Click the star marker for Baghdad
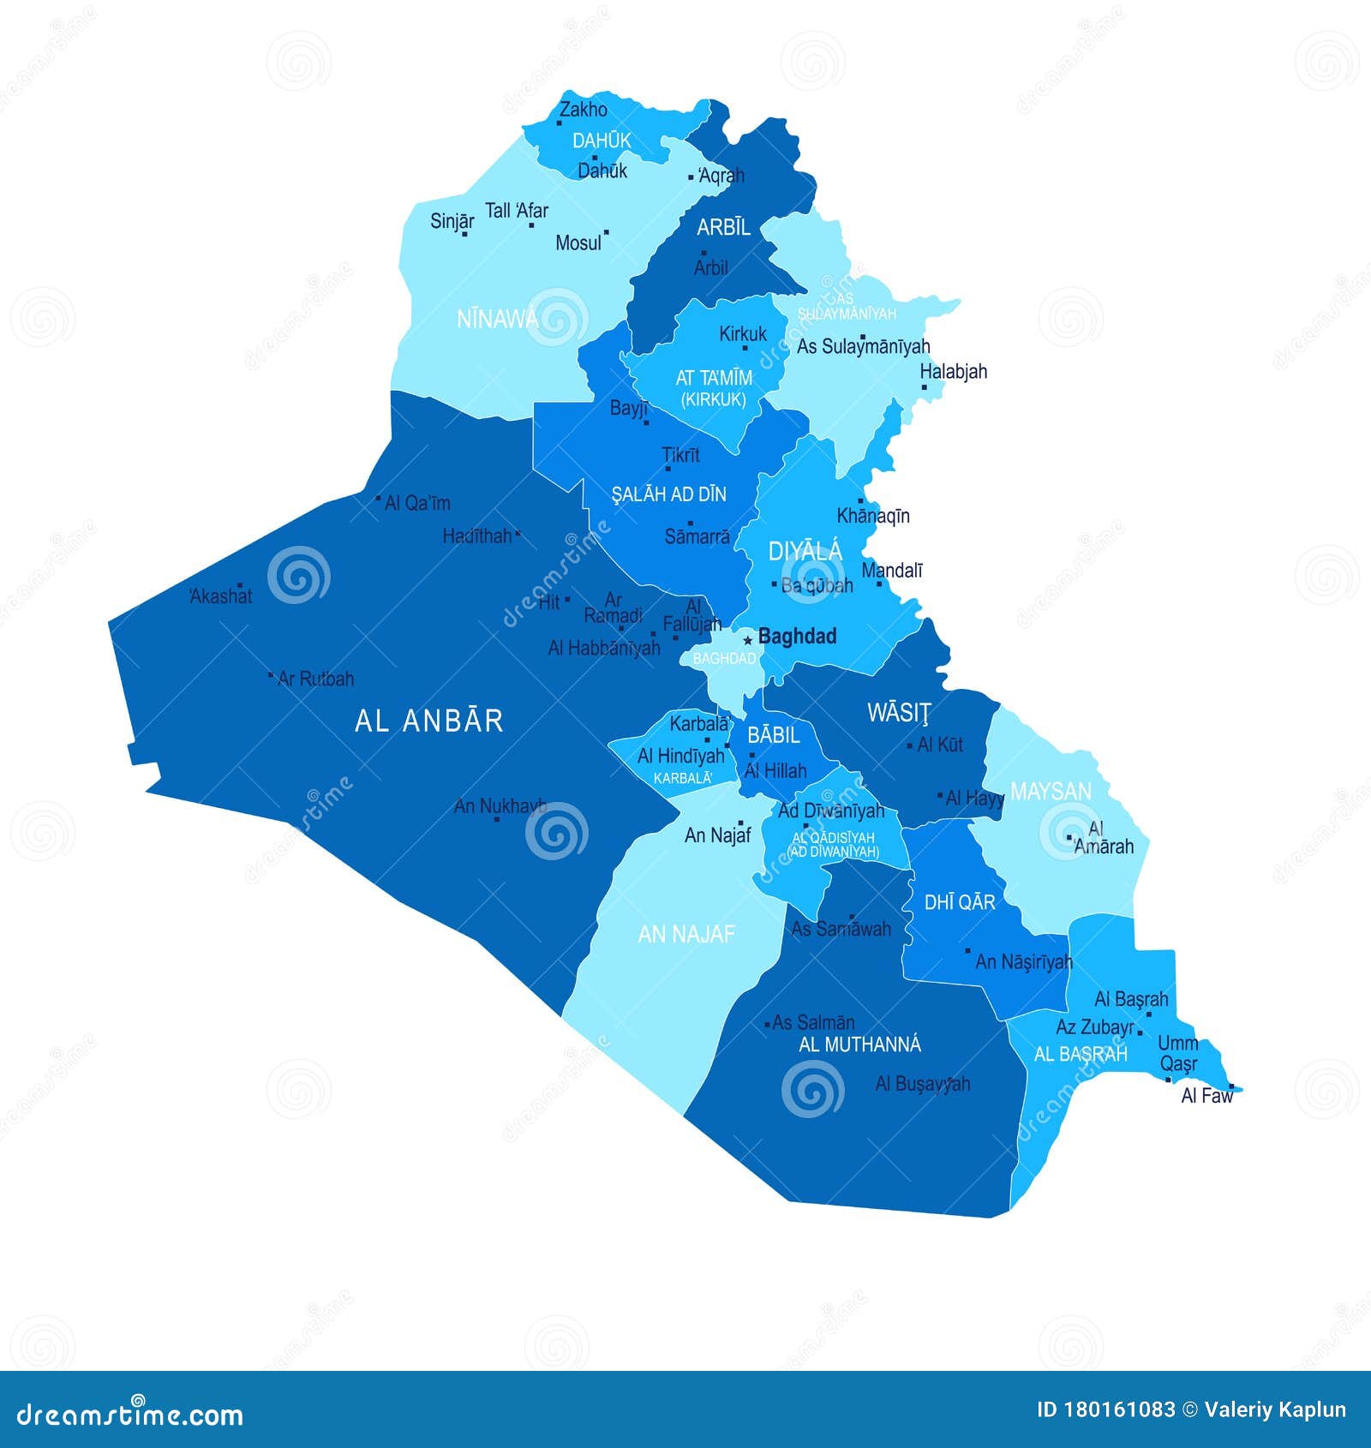747,639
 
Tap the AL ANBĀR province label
428,721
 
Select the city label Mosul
578,242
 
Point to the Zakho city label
584,110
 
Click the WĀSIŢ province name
899,712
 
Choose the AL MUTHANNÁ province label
859,1044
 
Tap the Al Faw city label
1206,1095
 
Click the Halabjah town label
953,371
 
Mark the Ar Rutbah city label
315,679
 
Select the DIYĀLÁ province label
805,552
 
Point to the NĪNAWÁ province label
498,319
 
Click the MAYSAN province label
1051,791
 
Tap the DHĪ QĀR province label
960,901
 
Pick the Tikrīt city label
681,455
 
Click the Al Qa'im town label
417,503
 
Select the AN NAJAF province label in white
686,933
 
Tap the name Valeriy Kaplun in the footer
1274,1409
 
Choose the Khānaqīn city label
873,516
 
